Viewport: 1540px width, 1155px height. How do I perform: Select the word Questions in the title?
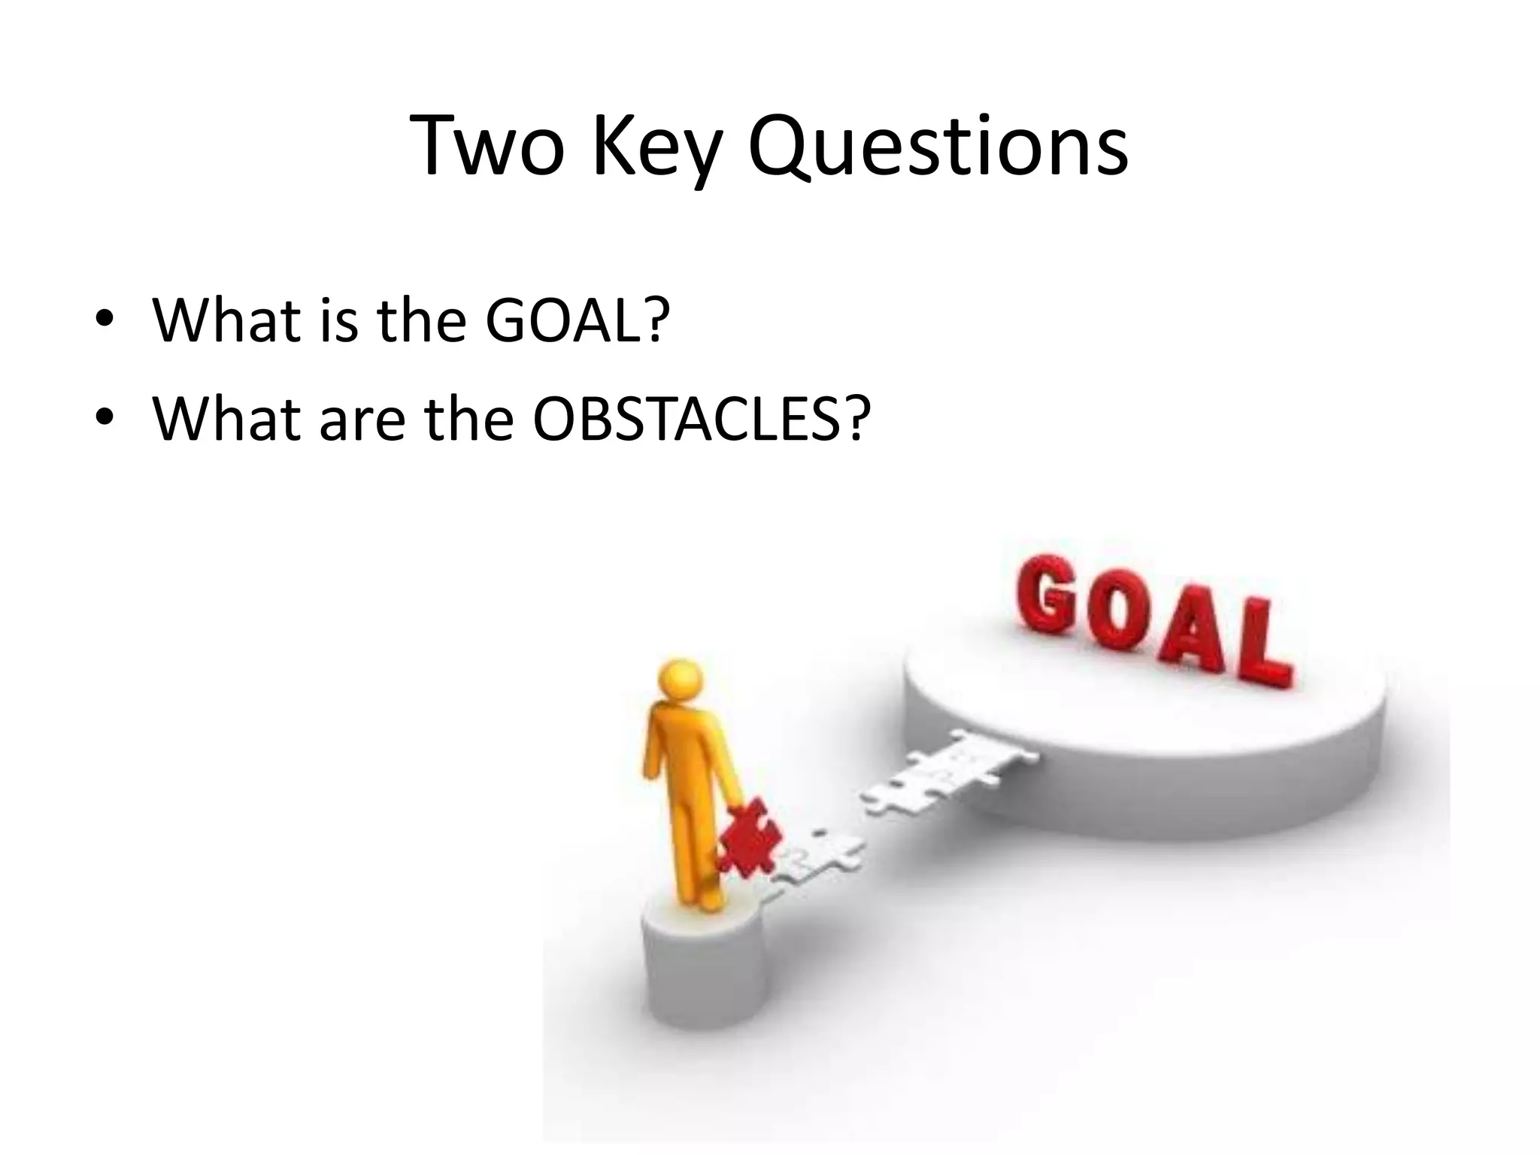coord(938,148)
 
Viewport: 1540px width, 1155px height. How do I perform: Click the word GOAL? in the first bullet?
coord(577,320)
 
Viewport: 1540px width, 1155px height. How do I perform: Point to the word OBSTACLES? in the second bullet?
coord(701,418)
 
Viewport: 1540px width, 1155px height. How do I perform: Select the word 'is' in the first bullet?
coord(338,320)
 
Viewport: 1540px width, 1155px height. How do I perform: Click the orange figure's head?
coord(680,681)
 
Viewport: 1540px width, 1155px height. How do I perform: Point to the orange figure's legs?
coord(695,842)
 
